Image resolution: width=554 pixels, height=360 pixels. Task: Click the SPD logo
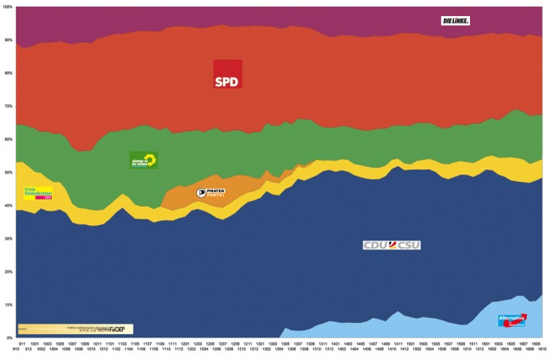[x=228, y=74]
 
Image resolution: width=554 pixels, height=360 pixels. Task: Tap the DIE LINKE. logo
[x=455, y=20]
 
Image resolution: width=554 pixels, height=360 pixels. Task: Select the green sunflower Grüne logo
[x=143, y=160]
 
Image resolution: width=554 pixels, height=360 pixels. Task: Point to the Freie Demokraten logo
[x=38, y=194]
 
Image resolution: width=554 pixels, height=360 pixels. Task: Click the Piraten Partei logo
[x=211, y=193]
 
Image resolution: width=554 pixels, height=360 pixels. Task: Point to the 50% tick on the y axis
[x=7, y=173]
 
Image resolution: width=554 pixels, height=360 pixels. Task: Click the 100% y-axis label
[x=7, y=6]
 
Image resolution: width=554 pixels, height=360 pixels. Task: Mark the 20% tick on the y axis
[x=7, y=272]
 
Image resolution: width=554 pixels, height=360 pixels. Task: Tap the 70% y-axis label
[x=7, y=107]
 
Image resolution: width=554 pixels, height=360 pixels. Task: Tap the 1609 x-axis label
[x=535, y=343]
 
